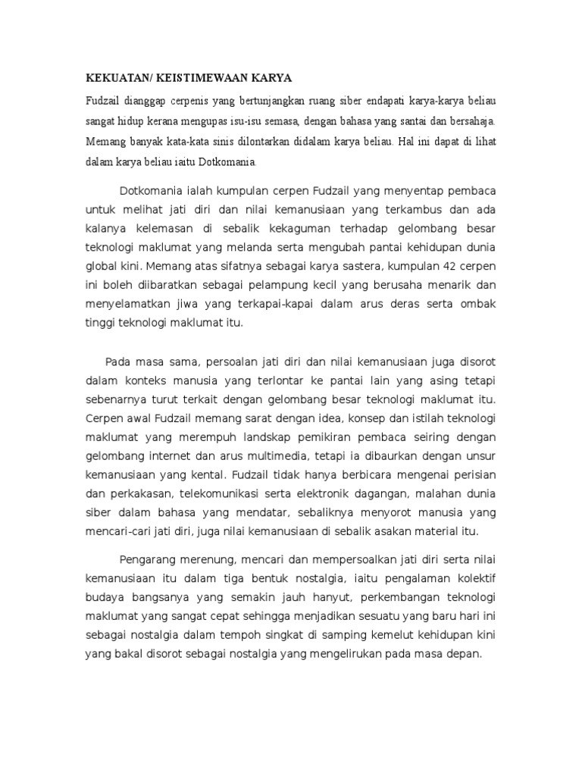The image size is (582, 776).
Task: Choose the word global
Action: [x=101, y=267]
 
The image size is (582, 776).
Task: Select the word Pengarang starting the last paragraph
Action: [x=155, y=559]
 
